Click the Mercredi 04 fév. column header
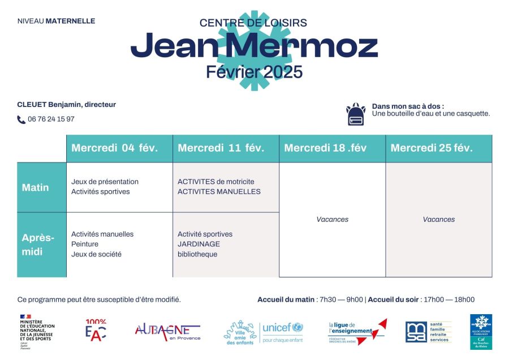coord(115,148)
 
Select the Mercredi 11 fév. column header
coord(221,148)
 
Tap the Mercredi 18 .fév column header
coord(326,148)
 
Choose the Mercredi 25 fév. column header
coord(432,148)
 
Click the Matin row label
coord(35,187)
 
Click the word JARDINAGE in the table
coord(199,244)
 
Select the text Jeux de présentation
coord(105,182)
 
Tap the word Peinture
coord(85,244)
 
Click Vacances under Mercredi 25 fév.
coord(439,220)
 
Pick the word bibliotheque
coord(197,254)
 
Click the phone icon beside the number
coord(21,119)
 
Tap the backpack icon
coord(356,114)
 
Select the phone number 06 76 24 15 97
coord(51,119)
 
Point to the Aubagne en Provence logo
coord(167,332)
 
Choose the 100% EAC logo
coord(96,331)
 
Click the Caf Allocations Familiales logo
coord(481,332)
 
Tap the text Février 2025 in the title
coord(255,72)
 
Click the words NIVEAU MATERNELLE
coord(56,21)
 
